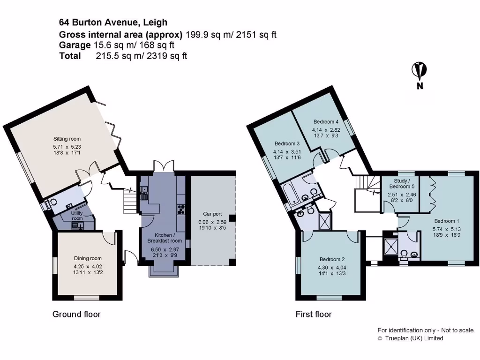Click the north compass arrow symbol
click(419, 71)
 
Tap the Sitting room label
click(67, 139)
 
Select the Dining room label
click(88, 258)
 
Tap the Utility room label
click(76, 216)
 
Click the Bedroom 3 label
click(287, 143)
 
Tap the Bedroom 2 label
click(332, 259)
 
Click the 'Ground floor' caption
click(76, 314)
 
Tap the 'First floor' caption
click(314, 314)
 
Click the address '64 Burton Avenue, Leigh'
click(113, 22)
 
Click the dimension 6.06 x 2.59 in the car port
click(212, 222)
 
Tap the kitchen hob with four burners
click(180, 210)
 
